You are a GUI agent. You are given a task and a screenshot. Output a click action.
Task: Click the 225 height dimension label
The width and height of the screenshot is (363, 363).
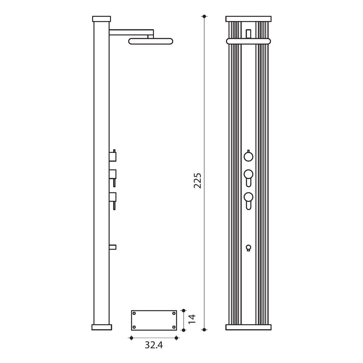197,180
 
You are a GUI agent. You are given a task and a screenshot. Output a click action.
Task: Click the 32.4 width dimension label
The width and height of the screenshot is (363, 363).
154,345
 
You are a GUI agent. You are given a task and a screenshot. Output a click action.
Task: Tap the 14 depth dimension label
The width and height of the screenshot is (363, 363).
192,319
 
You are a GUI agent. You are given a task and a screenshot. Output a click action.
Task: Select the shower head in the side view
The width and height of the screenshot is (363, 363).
151,41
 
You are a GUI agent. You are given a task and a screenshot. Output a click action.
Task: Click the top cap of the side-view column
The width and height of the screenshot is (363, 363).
101,19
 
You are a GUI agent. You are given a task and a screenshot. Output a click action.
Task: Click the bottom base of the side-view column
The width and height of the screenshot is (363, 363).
102,327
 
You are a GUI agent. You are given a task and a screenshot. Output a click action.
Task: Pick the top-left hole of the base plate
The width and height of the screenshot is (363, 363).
134,314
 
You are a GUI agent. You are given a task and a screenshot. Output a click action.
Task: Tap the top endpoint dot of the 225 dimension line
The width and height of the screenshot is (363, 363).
204,16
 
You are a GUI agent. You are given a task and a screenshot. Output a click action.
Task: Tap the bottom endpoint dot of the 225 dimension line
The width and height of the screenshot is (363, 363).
204,330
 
